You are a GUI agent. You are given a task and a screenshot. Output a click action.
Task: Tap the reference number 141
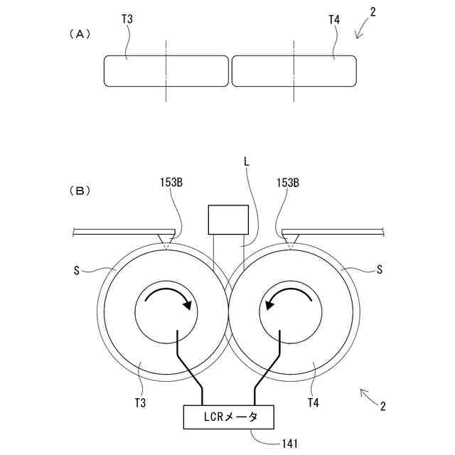[x=289, y=444]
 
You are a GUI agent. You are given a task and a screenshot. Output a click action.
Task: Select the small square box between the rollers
[x=227, y=219]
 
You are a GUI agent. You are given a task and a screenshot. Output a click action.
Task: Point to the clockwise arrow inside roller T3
[x=167, y=298]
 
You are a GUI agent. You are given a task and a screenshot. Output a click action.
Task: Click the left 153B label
[x=171, y=183]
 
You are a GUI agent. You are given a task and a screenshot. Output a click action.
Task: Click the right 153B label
[x=287, y=183]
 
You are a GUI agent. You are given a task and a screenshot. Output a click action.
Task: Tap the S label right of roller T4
[x=380, y=269]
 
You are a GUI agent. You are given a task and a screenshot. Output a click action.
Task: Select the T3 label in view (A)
[x=127, y=19]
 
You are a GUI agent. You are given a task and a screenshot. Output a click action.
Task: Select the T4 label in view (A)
[x=334, y=19]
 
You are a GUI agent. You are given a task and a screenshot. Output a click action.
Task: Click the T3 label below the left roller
[x=141, y=403]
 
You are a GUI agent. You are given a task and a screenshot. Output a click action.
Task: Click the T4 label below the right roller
[x=312, y=403]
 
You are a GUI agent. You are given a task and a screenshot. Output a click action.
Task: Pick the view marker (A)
[x=78, y=33]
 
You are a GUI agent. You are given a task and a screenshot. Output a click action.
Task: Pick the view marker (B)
[x=78, y=191]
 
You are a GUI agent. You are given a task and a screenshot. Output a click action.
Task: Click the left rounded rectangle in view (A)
[x=166, y=71]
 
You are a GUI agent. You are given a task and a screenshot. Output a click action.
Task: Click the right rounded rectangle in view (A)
[x=293, y=71]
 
